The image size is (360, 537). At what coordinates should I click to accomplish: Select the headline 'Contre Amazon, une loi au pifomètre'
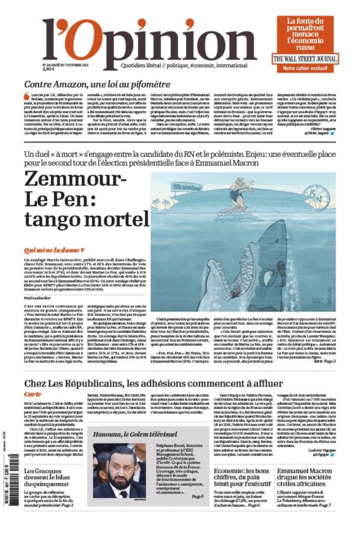97,84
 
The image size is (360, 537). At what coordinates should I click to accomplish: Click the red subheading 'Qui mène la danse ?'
54,250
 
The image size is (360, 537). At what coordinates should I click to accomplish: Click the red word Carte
32,393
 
